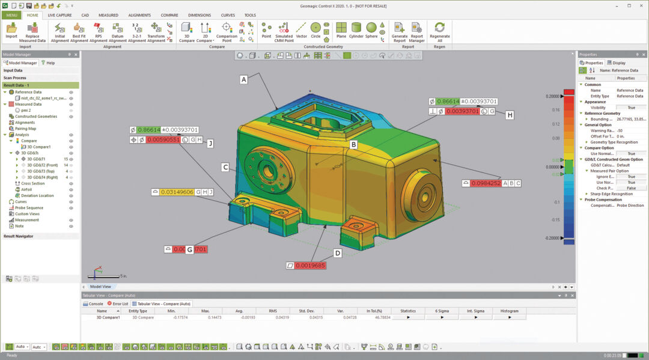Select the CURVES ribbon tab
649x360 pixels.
point(228,15)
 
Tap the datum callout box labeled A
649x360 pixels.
point(243,79)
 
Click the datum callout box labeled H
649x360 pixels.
point(510,115)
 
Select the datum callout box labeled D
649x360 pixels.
point(338,253)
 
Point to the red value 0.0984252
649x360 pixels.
point(486,183)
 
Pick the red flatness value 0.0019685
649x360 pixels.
point(310,265)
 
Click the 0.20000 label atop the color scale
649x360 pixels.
point(552,96)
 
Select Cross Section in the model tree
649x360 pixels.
point(33,183)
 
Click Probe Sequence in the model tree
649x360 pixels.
point(29,208)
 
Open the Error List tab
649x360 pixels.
point(120,304)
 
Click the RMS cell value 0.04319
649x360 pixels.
point(272,317)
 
